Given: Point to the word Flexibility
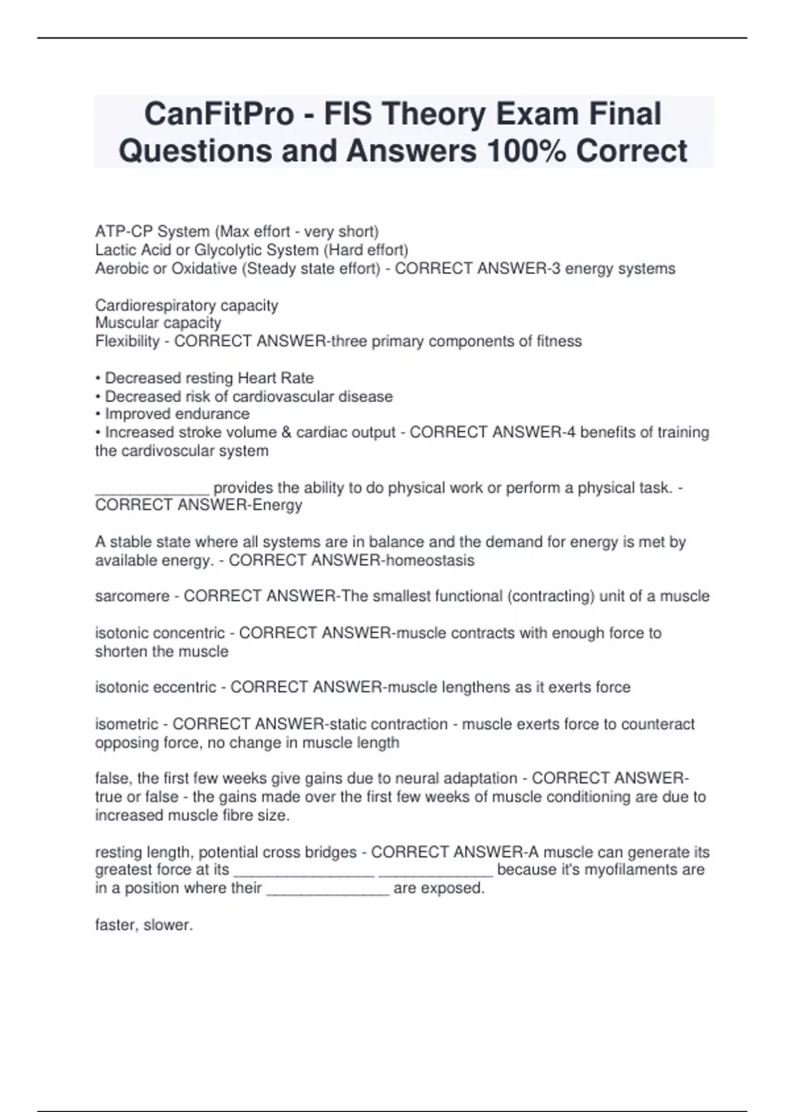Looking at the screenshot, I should (128, 341).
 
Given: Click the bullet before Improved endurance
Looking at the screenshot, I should (98, 414).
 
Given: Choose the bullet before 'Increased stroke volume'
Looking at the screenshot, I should (98, 432).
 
